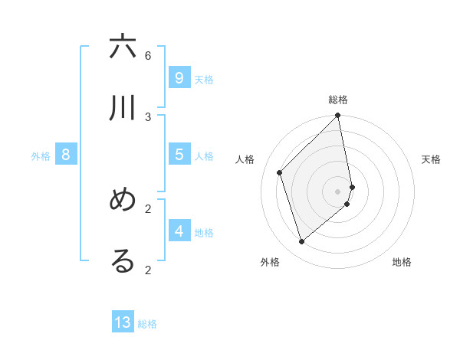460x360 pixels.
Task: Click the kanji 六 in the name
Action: [x=123, y=47]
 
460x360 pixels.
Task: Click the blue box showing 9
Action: [x=179, y=78]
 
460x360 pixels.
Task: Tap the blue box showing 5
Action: [x=179, y=155]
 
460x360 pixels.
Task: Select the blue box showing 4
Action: [x=179, y=231]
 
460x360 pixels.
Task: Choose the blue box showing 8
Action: [x=66, y=155]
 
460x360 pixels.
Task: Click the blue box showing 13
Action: [x=123, y=322]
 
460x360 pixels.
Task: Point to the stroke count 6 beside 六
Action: [x=148, y=55]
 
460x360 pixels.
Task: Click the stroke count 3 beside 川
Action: [x=148, y=116]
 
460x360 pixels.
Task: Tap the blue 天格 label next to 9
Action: [x=204, y=80]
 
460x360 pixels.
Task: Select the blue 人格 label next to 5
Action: [x=204, y=156]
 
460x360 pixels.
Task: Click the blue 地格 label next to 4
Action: [x=204, y=232]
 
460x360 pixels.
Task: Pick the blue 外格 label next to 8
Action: [x=41, y=156]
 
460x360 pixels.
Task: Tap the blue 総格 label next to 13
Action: [x=147, y=324]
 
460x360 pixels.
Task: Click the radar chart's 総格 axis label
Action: [x=338, y=100]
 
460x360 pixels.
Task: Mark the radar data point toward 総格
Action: [x=338, y=116]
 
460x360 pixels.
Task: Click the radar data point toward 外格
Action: [x=302, y=242]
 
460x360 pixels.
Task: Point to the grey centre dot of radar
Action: [x=338, y=191]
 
